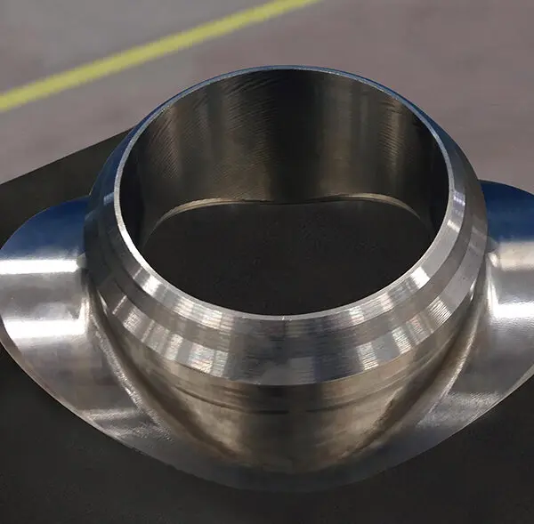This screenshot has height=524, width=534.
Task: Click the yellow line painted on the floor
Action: pos(133,54)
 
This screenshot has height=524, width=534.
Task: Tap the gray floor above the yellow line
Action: pos(89,27)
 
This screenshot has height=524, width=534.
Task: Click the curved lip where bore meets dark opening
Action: pos(285,201)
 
